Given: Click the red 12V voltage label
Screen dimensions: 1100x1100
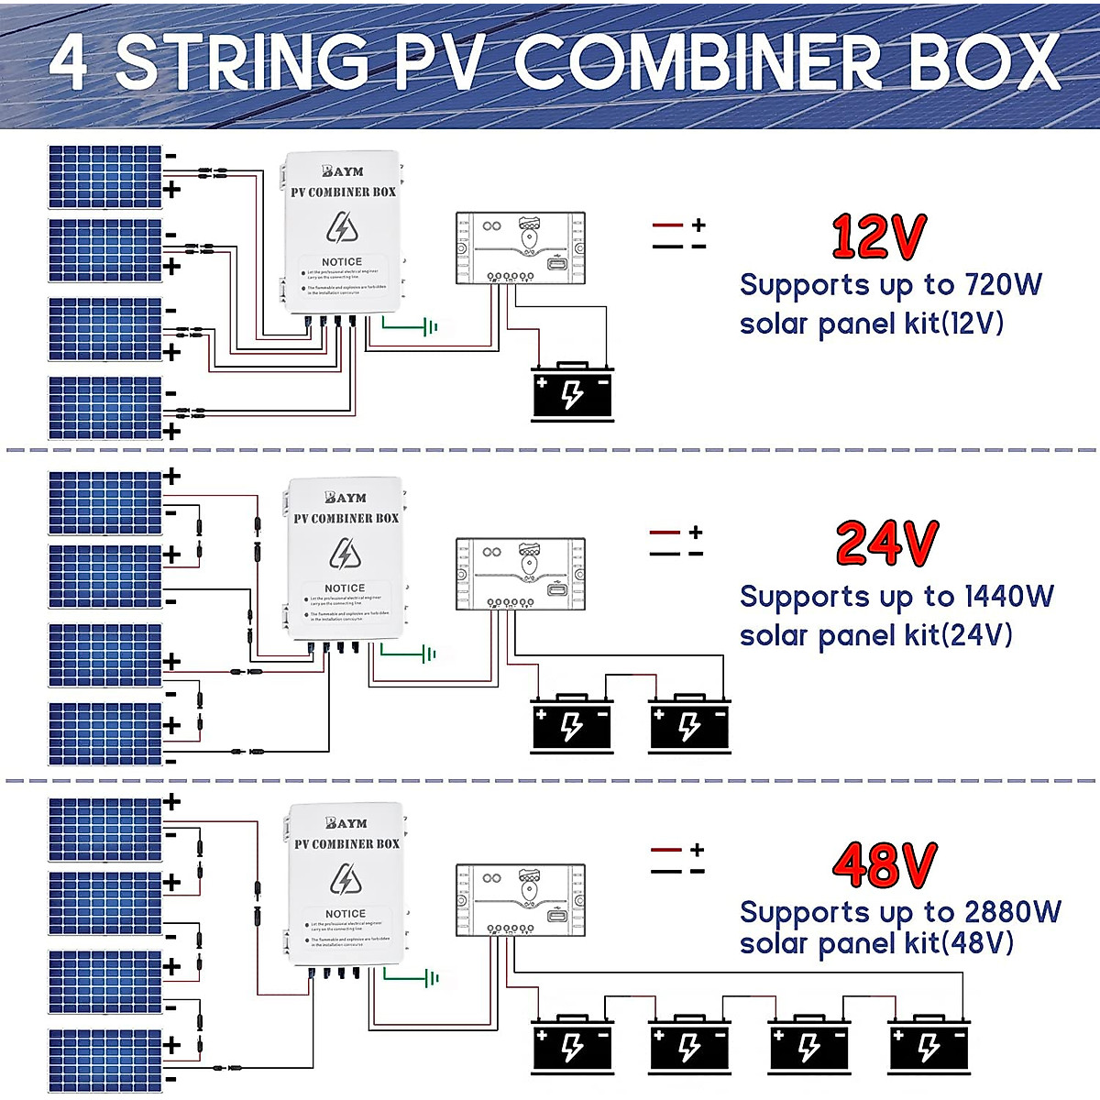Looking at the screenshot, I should (879, 236).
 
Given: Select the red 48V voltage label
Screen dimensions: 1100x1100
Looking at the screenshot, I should (885, 864).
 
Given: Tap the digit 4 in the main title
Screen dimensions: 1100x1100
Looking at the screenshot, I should (70, 62).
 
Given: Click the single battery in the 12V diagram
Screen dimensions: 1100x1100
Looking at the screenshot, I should (573, 393).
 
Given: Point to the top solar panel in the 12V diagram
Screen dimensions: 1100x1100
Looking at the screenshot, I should (105, 177).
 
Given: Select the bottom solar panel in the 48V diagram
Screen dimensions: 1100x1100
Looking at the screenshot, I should (105, 1061).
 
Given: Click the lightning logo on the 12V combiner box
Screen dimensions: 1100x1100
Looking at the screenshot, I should (342, 227).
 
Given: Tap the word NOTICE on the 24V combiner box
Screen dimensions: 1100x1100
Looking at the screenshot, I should (345, 588).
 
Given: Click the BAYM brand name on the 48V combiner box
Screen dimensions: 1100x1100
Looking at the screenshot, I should (346, 823).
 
